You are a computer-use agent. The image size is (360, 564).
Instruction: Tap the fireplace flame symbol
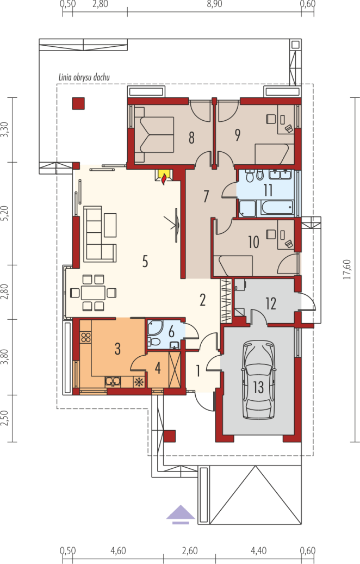pyautogui.click(x=164, y=178)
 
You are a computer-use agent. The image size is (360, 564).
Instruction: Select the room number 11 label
pyautogui.click(x=268, y=190)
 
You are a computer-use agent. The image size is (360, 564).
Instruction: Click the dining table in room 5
pyautogui.click(x=93, y=293)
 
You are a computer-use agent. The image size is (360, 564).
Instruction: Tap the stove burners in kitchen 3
pyautogui.click(x=85, y=337)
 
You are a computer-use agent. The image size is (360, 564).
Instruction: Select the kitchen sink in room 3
pyautogui.click(x=113, y=381)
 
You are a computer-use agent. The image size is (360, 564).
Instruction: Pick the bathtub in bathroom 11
pyautogui.click(x=277, y=208)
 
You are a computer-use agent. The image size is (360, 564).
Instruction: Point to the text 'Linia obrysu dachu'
pyautogui.click(x=84, y=77)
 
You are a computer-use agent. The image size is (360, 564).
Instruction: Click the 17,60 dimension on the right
pyautogui.click(x=347, y=269)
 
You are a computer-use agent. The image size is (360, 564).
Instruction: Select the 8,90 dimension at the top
pyautogui.click(x=214, y=4)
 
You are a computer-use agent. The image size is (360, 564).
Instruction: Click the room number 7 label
pyautogui.click(x=206, y=196)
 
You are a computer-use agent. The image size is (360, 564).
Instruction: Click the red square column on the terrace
pyautogui.click(x=78, y=103)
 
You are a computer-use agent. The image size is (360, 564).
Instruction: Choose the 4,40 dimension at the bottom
pyautogui.click(x=259, y=551)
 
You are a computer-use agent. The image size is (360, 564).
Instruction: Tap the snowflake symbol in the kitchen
pyautogui.click(x=139, y=382)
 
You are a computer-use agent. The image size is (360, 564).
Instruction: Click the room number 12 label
pyautogui.click(x=271, y=303)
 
